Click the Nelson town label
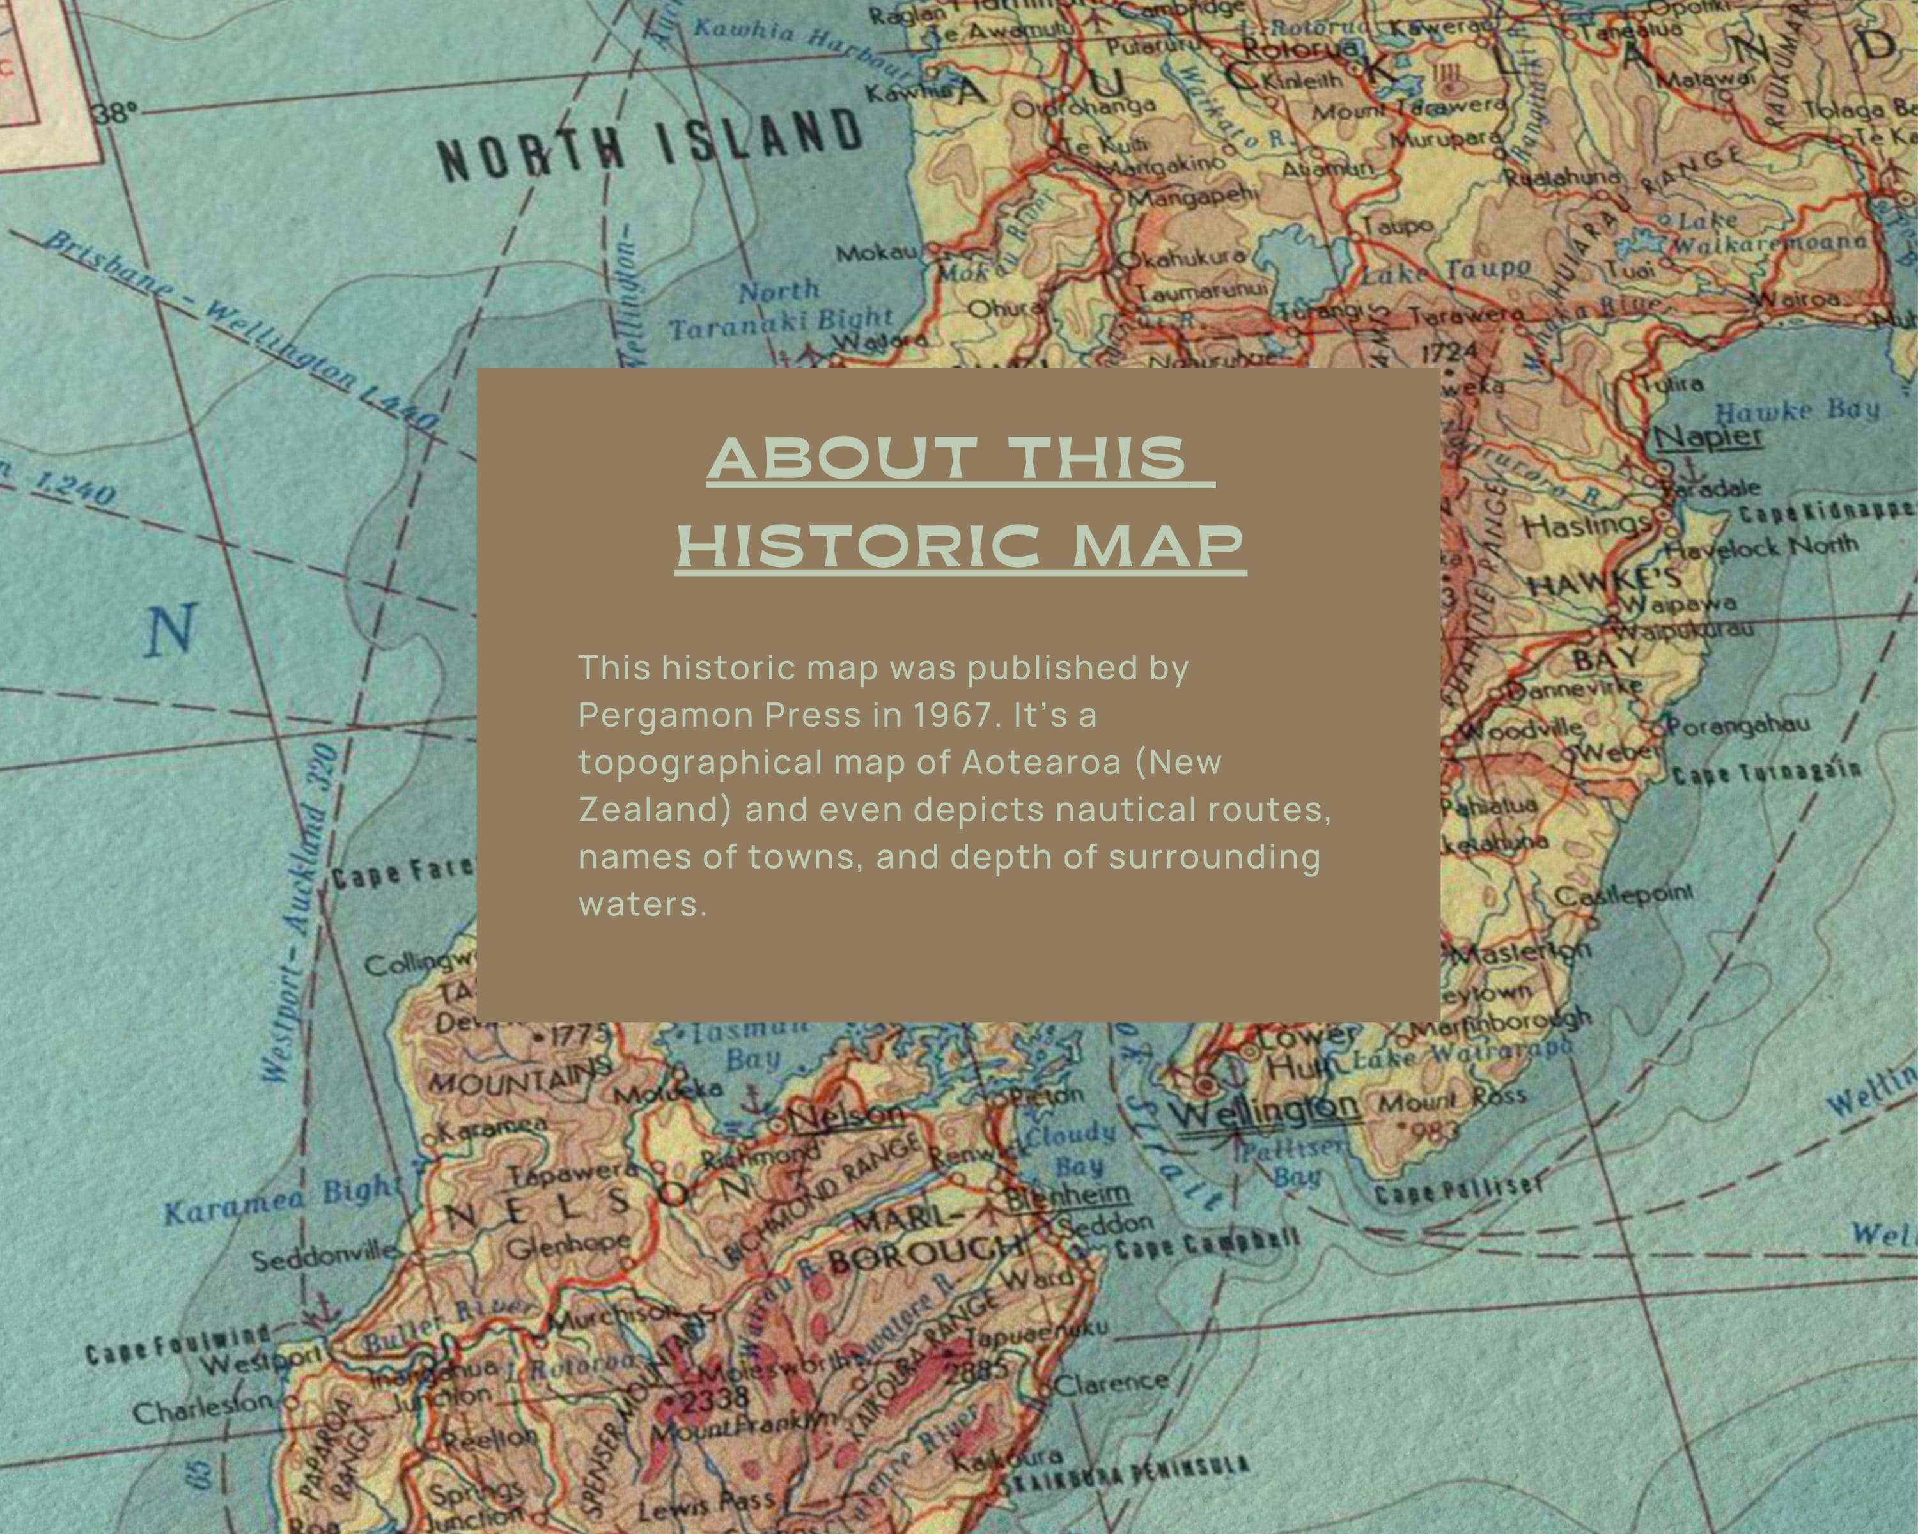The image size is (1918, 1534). pyautogui.click(x=845, y=1116)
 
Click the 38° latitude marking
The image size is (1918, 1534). pyautogui.click(x=118, y=113)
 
